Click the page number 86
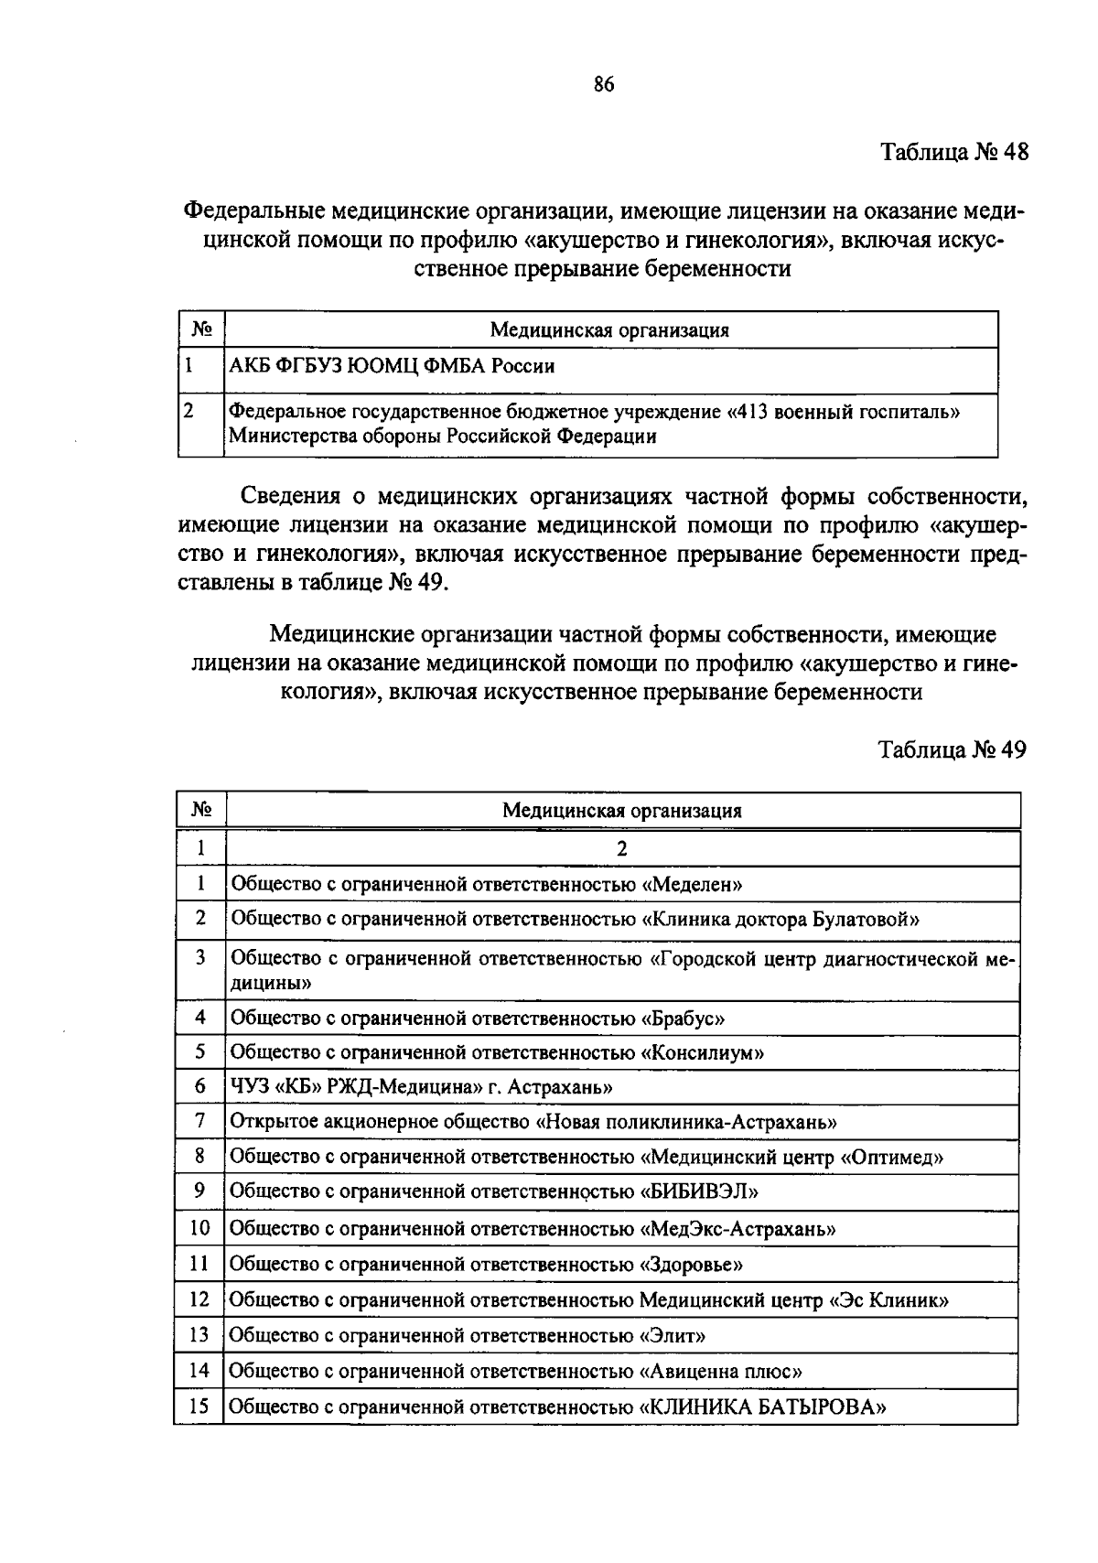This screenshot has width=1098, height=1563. pyautogui.click(x=603, y=85)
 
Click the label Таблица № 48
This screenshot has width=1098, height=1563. pyautogui.click(x=954, y=152)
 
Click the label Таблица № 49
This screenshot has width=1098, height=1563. pyautogui.click(x=953, y=749)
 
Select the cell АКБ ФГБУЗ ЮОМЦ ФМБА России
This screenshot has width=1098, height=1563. pyautogui.click(x=393, y=367)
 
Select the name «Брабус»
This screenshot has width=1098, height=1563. pyautogui.click(x=683, y=1018)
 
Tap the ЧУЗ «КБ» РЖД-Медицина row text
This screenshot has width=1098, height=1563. pyautogui.click(x=421, y=1087)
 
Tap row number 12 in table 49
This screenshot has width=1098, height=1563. pyautogui.click(x=199, y=1299)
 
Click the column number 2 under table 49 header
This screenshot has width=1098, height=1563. pyautogui.click(x=622, y=848)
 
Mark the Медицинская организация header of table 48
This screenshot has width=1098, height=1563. pyautogui.click(x=609, y=330)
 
